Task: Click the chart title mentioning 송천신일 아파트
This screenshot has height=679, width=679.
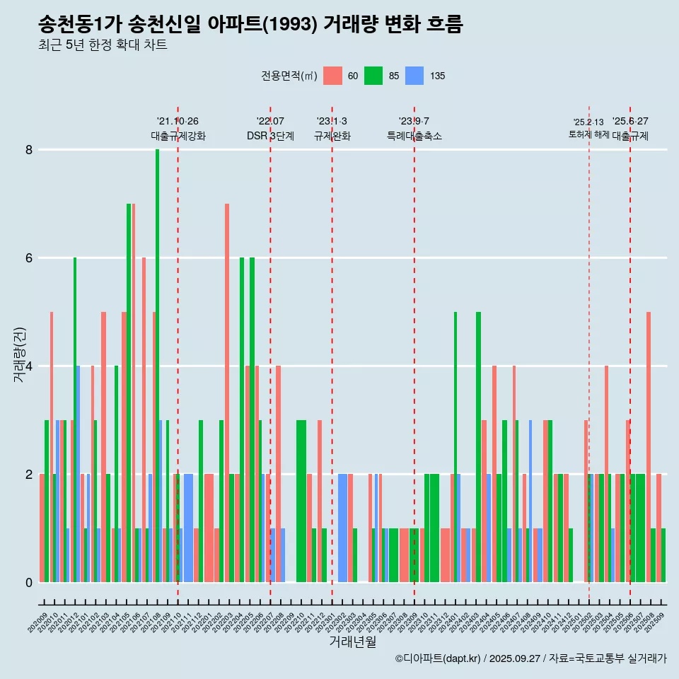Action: tap(250, 25)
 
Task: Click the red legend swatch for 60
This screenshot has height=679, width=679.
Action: tap(332, 76)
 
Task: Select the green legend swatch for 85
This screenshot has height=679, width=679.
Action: tap(373, 76)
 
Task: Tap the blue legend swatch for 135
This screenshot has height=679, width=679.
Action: tap(414, 76)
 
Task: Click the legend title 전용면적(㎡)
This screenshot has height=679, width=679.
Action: tap(289, 76)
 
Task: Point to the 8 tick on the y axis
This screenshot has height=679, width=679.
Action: tap(29, 150)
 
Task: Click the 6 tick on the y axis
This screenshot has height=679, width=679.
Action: tap(29, 258)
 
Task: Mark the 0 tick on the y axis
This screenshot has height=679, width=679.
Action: tap(29, 582)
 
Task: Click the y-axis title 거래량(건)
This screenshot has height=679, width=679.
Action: tap(19, 354)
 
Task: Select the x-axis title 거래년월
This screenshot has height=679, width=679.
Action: tap(352, 642)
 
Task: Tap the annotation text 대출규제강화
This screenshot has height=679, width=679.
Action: tap(178, 136)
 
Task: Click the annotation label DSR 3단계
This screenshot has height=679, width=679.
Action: tap(270, 136)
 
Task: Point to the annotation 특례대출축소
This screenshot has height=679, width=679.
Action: tap(414, 136)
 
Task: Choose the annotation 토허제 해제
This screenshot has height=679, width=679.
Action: tap(588, 134)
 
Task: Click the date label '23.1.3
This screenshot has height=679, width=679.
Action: tap(332, 122)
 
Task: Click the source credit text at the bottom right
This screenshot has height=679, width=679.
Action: tap(530, 658)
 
